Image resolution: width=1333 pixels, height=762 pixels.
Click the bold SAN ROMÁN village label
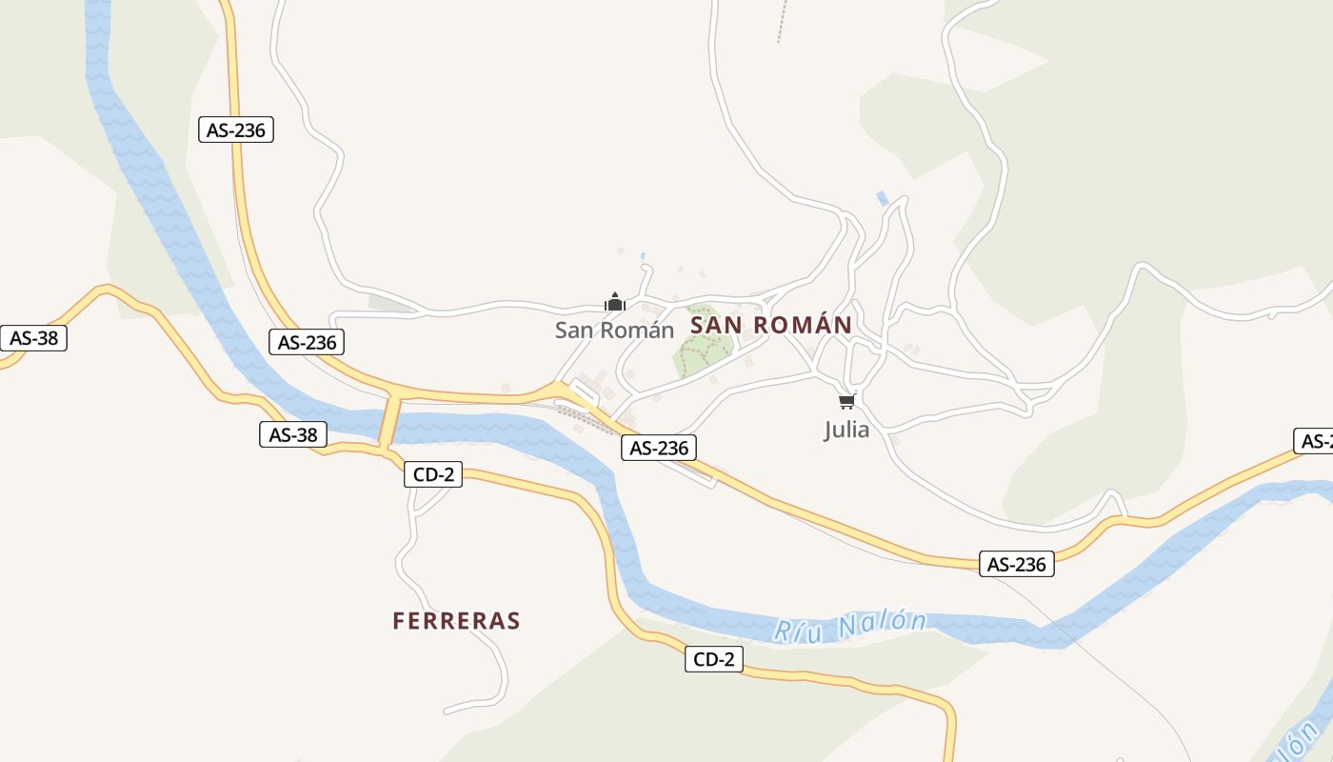click(x=770, y=325)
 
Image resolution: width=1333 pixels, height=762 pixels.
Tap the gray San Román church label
click(x=614, y=331)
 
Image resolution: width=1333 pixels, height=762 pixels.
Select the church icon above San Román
click(x=615, y=302)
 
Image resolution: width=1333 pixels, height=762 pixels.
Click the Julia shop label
click(x=846, y=430)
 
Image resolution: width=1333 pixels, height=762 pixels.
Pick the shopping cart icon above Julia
click(x=847, y=401)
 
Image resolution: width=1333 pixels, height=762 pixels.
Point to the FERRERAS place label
click(x=456, y=621)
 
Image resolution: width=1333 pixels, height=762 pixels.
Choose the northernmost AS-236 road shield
click(x=236, y=130)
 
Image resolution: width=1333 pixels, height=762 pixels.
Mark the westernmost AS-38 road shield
click(x=33, y=338)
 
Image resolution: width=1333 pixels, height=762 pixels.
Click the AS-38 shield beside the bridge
click(x=293, y=434)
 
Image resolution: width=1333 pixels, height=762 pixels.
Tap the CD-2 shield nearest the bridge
click(x=433, y=474)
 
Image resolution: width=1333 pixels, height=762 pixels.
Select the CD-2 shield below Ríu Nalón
click(x=714, y=658)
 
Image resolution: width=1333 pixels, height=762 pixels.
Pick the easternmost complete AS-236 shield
click(x=1016, y=564)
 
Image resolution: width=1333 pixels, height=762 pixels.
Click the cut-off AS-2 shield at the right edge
click(x=1315, y=441)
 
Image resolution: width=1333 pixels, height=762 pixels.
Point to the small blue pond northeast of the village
click(x=883, y=198)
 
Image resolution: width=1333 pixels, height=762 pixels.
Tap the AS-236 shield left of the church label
click(x=307, y=342)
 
